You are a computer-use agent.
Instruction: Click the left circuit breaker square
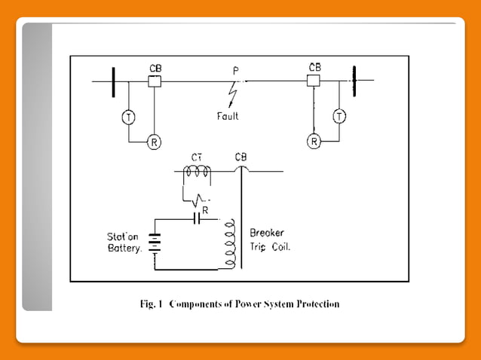click(x=155, y=81)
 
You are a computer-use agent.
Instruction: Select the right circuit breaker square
click(x=314, y=81)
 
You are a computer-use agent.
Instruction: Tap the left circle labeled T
click(x=129, y=117)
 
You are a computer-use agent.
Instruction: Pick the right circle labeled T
click(x=340, y=117)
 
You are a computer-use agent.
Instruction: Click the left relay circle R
click(x=155, y=141)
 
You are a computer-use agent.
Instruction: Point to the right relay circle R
click(x=314, y=141)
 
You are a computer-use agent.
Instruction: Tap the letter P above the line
click(x=235, y=71)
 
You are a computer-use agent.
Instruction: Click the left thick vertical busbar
click(x=113, y=81)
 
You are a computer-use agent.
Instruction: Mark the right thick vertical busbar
click(x=353, y=81)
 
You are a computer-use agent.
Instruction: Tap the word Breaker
click(x=267, y=233)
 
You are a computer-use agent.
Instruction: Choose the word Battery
click(x=124, y=247)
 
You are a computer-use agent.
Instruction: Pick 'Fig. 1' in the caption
click(x=152, y=305)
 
